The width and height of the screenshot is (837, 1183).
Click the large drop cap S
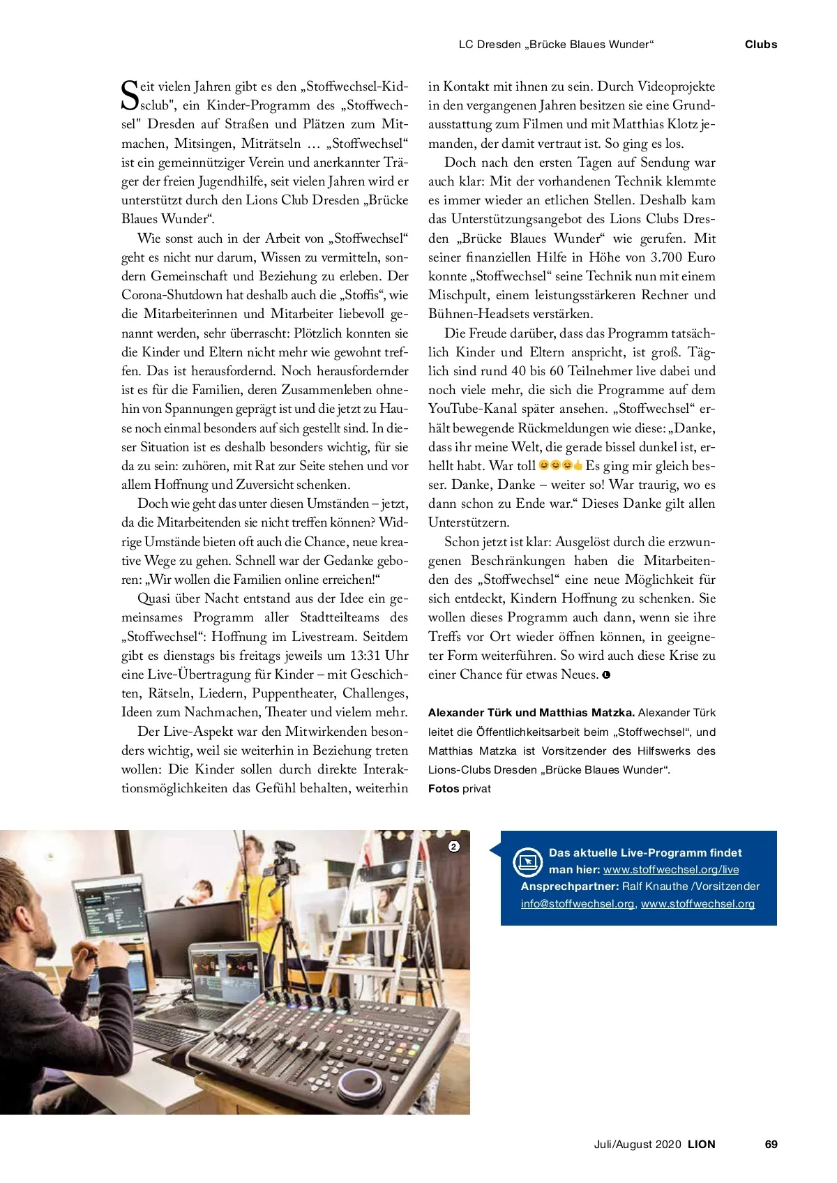[130, 96]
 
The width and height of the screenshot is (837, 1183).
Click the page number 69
[771, 1144]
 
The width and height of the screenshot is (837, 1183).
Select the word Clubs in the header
[760, 45]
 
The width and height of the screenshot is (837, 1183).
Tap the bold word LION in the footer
[701, 1144]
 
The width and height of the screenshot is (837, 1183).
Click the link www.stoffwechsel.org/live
[670, 870]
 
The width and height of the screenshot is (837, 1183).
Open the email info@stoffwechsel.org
[578, 904]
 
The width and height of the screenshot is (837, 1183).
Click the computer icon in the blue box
[528, 862]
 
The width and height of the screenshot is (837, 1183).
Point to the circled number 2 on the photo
[454, 847]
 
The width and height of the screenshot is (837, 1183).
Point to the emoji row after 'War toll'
[561, 465]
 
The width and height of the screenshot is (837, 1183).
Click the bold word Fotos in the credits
[444, 789]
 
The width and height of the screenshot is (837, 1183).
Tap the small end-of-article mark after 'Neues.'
[606, 675]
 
